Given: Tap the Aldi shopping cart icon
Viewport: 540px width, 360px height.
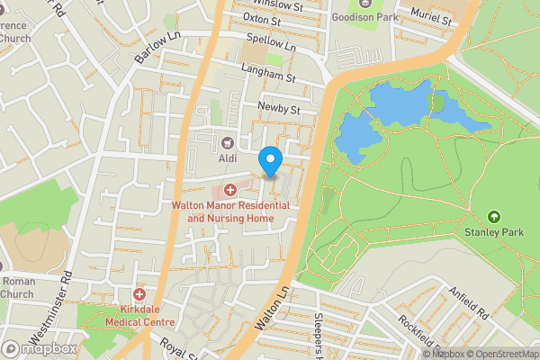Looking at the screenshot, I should pos(228,142).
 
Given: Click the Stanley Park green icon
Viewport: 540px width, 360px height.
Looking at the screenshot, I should pos(493,217).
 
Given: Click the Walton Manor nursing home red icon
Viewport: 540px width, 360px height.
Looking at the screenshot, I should pos(230,189).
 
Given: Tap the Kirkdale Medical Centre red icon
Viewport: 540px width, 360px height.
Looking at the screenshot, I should pos(139,295).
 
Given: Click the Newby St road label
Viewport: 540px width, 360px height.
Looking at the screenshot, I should pos(278,109).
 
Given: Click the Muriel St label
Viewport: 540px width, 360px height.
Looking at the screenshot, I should pos(428,16).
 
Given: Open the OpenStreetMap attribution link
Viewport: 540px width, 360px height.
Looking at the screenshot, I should pos(499,354).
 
